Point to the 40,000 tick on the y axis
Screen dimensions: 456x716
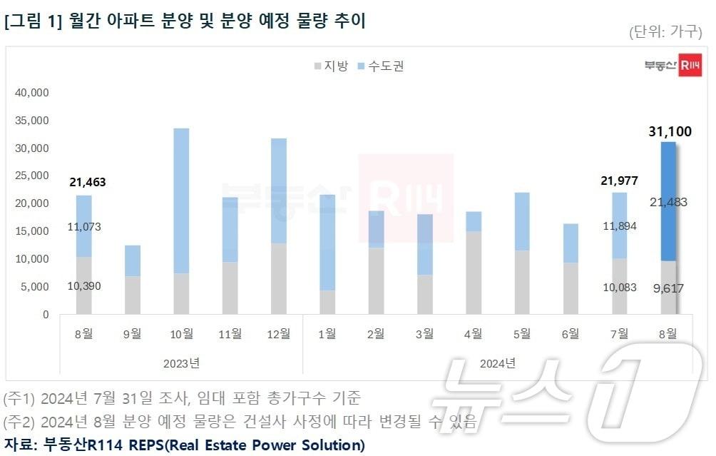pyautogui.click(x=31, y=93)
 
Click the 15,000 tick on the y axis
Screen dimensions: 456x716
pyautogui.click(x=31, y=231)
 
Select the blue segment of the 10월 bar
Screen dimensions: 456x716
pyautogui.click(x=182, y=200)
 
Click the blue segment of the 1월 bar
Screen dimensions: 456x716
pyautogui.click(x=327, y=243)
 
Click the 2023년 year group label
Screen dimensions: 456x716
pyautogui.click(x=181, y=363)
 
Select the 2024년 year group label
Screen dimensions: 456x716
pyautogui.click(x=497, y=363)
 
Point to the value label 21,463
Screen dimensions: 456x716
pyautogui.click(x=88, y=183)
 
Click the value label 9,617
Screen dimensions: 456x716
pyautogui.click(x=668, y=290)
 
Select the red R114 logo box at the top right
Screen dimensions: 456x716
pyautogui.click(x=689, y=66)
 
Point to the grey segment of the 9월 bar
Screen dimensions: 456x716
pyautogui.click(x=133, y=295)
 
